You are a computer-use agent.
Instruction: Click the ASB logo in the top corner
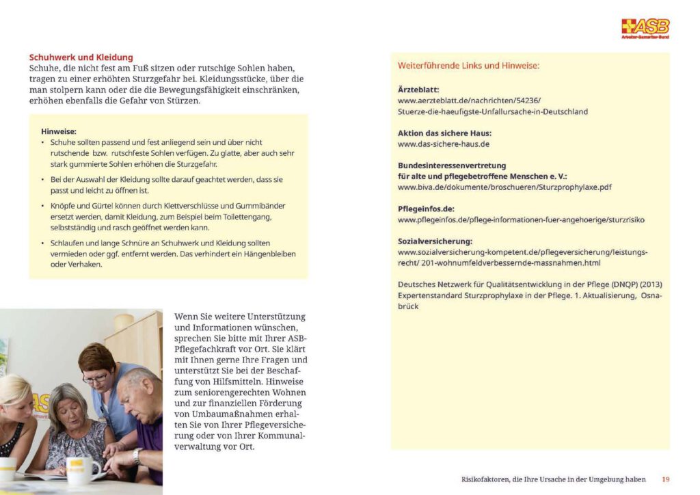[645, 28]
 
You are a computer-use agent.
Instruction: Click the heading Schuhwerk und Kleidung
[81, 57]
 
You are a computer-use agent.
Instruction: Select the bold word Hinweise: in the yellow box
[59, 131]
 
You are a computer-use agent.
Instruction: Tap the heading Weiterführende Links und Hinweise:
[469, 66]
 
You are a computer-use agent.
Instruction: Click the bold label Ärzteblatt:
[418, 90]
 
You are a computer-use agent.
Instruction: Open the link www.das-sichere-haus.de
[444, 144]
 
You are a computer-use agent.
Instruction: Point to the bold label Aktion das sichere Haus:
[444, 133]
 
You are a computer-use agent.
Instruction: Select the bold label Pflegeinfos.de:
[426, 209]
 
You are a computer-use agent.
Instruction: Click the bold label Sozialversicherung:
[435, 241]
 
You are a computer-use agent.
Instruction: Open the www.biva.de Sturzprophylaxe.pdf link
[504, 187]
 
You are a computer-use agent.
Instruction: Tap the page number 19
[665, 479]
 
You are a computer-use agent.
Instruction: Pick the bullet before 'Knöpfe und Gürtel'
[44, 206]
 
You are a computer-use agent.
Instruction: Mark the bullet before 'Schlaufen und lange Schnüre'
[44, 243]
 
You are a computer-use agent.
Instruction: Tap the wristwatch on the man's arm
[137, 454]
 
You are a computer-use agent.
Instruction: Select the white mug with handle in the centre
[83, 470]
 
